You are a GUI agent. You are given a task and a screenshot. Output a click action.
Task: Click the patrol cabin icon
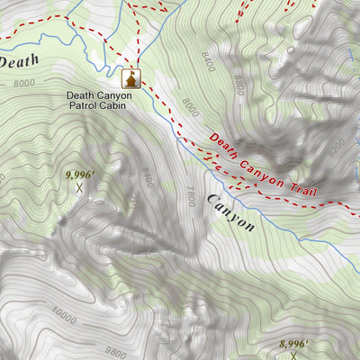click(131, 79)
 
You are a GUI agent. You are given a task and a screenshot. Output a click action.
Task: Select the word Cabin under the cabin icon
click(112, 105)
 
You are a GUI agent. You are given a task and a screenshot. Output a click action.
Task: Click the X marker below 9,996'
click(80, 188)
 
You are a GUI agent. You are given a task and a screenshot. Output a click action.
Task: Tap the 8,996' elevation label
click(292, 344)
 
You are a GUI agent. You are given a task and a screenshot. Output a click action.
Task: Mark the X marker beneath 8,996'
click(292, 356)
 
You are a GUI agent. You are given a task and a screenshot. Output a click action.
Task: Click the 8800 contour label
click(238, 85)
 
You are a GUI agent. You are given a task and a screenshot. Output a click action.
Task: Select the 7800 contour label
click(189, 196)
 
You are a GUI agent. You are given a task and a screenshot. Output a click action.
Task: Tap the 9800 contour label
click(114, 352)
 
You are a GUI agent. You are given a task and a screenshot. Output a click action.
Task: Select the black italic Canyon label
click(230, 213)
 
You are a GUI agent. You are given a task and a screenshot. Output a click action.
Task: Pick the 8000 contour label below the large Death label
click(24, 83)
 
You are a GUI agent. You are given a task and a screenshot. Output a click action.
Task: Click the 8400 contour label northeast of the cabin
click(209, 62)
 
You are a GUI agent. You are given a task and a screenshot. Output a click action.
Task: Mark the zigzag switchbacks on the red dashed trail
click(216, 163)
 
